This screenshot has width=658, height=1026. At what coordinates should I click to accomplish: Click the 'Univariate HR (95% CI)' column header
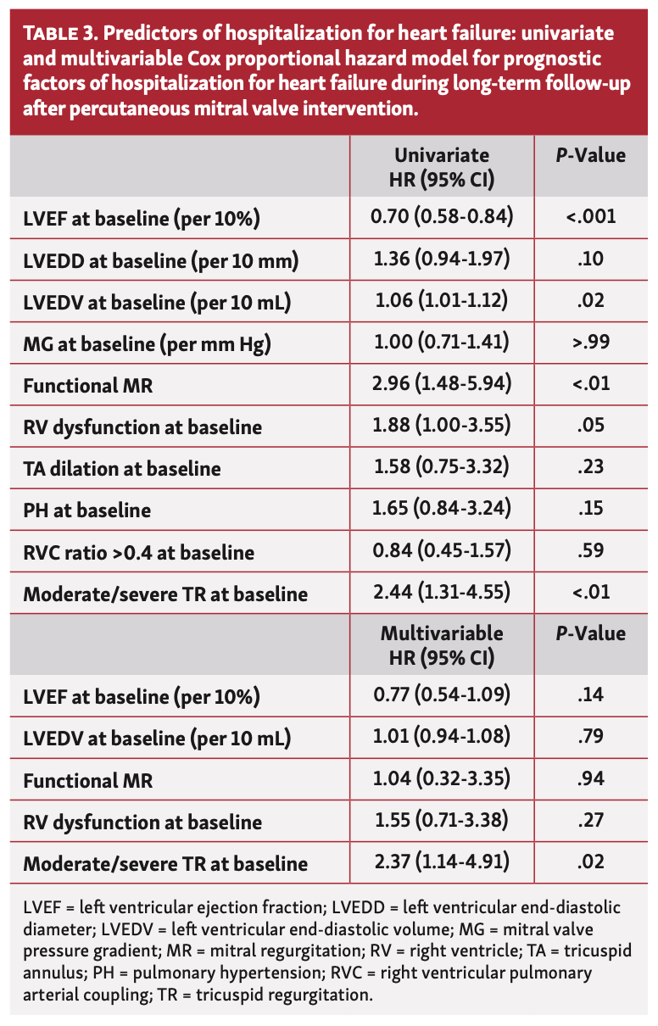pyautogui.click(x=441, y=167)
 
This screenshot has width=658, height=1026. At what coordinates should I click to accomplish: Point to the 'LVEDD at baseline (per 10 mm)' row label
pyautogui.click(x=160, y=261)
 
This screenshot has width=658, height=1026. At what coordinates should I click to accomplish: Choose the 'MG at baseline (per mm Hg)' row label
pyautogui.click(x=148, y=344)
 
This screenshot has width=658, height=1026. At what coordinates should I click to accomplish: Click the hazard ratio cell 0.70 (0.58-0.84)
pyautogui.click(x=441, y=219)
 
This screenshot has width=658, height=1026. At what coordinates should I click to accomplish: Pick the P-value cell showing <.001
pyautogui.click(x=590, y=219)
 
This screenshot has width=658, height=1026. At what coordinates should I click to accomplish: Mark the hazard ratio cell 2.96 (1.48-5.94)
pyautogui.click(x=441, y=385)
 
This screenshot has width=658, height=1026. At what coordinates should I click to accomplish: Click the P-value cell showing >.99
pyautogui.click(x=590, y=343)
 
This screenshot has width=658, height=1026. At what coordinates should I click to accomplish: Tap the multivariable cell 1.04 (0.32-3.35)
pyautogui.click(x=441, y=779)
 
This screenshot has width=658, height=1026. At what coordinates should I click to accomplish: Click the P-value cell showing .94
pyautogui.click(x=590, y=779)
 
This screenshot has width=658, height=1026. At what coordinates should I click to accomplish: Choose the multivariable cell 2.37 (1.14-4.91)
pyautogui.click(x=441, y=862)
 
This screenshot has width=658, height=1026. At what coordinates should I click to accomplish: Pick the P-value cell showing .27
pyautogui.click(x=590, y=821)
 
